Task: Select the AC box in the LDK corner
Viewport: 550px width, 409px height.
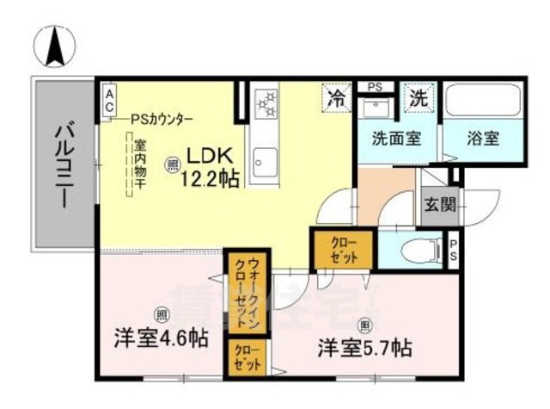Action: [x=109, y=98]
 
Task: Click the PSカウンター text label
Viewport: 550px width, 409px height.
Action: [x=162, y=120]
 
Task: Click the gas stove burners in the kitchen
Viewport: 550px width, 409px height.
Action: [x=266, y=103]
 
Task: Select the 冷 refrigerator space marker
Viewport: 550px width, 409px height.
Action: [x=339, y=97]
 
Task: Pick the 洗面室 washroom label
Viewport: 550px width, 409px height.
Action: [x=395, y=138]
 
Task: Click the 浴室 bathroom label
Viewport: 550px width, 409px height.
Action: [x=482, y=138]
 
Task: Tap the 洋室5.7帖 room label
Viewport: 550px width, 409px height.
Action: [x=364, y=348]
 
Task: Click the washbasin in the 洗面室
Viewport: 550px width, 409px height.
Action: [x=375, y=108]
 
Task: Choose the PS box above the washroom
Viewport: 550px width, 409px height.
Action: [x=375, y=86]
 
